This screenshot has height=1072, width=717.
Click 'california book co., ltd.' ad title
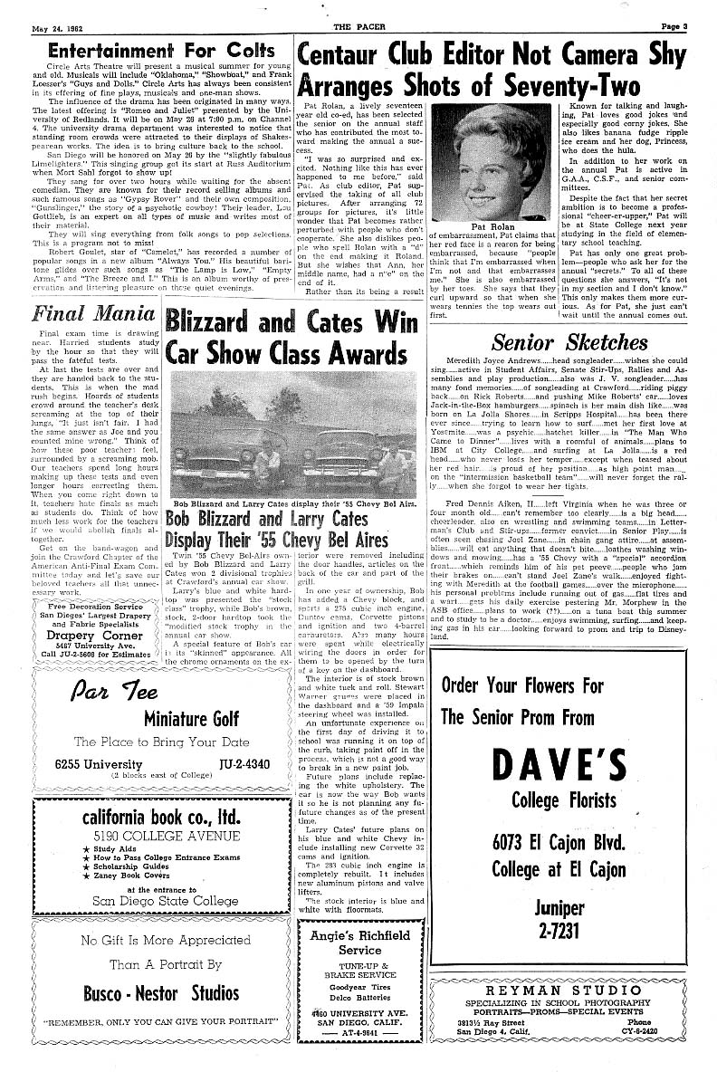tap(160, 818)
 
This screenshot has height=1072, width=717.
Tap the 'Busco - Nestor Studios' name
tap(162, 992)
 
